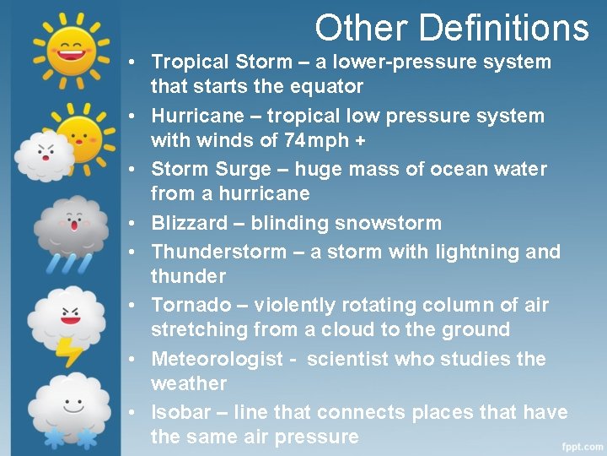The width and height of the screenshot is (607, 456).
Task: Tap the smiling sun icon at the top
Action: [x=70, y=47]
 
